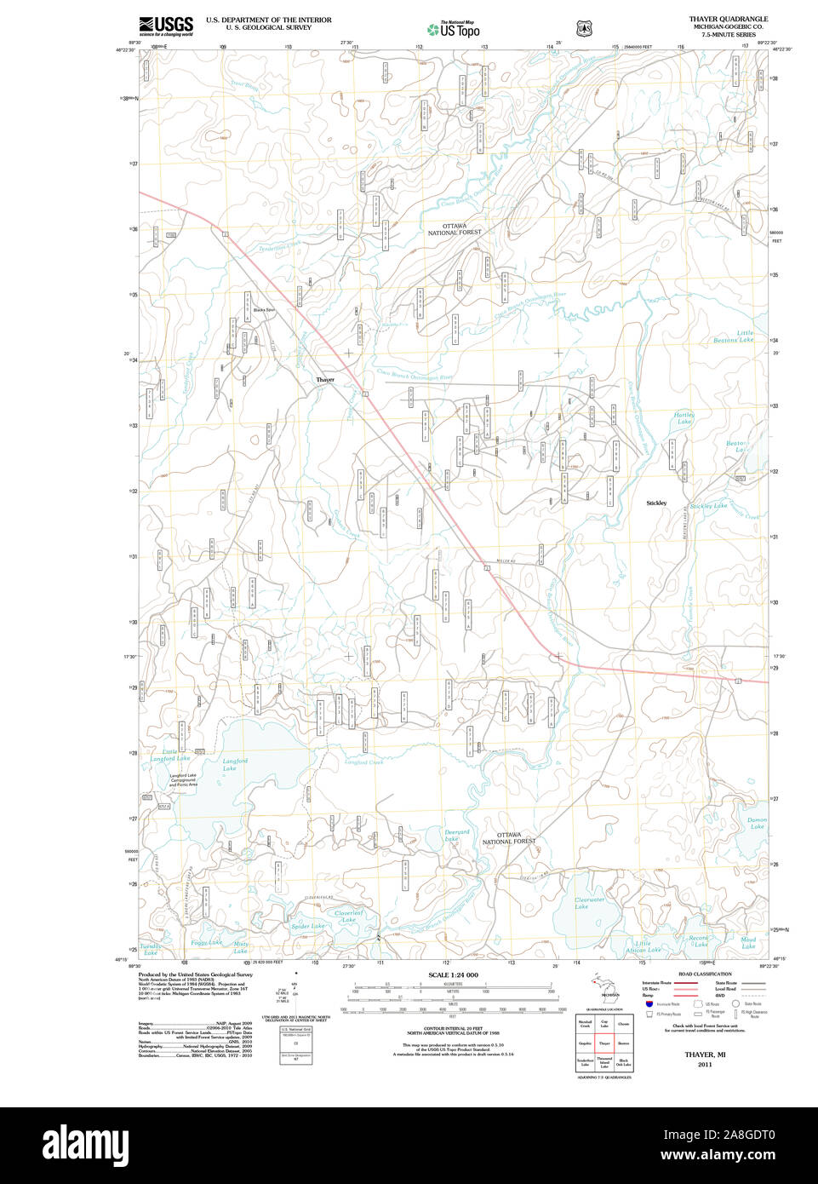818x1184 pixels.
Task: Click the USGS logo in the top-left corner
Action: coord(166,26)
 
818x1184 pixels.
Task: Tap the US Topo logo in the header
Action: coord(454,30)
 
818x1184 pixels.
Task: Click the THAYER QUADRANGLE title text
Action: coord(728,19)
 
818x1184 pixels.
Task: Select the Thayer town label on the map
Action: coord(325,380)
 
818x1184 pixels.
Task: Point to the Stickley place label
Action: coord(656,503)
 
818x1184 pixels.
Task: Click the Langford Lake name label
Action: coord(234,764)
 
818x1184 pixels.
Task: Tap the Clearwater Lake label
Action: coord(589,903)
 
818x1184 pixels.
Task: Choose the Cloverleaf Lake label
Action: coord(348,917)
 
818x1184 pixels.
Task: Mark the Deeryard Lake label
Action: coord(456,836)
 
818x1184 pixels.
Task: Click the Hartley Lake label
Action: coord(684,418)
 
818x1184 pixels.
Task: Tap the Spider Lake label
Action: coord(307,926)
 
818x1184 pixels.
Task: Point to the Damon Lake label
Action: coord(757,823)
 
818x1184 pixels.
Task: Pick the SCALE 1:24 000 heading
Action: coord(453,974)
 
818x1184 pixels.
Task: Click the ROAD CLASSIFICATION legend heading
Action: coord(704,974)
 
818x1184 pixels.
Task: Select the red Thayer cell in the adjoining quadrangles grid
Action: coord(604,1043)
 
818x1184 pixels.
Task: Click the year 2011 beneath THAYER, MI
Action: coord(704,1065)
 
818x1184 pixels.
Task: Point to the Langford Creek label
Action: coord(363,762)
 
